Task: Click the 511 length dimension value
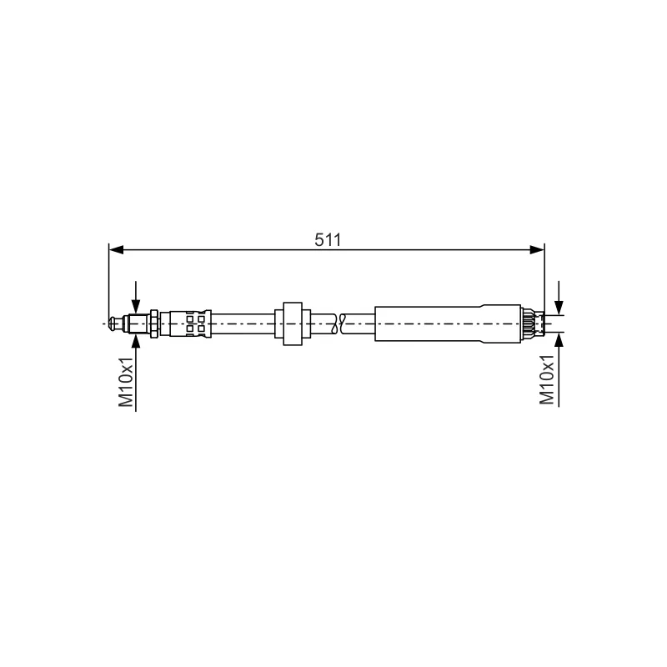[328, 240]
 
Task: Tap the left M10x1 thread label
[126, 382]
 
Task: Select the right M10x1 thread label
[547, 380]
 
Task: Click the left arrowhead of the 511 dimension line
[116, 250]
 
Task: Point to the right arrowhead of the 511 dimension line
[537, 250]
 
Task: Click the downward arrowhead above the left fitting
[136, 306]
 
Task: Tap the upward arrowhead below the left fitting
[136, 342]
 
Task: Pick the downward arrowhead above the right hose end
[559, 308]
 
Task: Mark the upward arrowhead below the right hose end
[559, 339]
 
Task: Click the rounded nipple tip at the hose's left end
[113, 323]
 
